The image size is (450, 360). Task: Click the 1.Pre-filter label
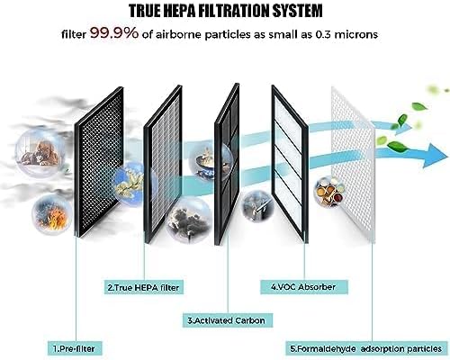tap(74, 348)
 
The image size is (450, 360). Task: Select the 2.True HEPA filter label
tap(143, 287)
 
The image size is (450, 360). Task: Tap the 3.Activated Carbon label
tap(227, 320)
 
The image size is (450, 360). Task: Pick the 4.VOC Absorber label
tap(303, 287)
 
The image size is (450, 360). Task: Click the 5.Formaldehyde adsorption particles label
tap(366, 349)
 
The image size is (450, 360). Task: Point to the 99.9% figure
tap(114, 33)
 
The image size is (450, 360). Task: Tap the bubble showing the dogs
tap(40, 153)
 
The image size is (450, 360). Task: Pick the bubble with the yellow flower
tap(130, 184)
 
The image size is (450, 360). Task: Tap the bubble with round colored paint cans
tap(329, 191)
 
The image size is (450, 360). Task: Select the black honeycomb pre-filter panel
tap(99, 163)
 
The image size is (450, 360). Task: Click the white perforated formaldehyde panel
tap(353, 165)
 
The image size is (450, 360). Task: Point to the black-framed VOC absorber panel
tap(290, 164)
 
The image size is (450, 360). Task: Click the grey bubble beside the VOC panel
tap(258, 206)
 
